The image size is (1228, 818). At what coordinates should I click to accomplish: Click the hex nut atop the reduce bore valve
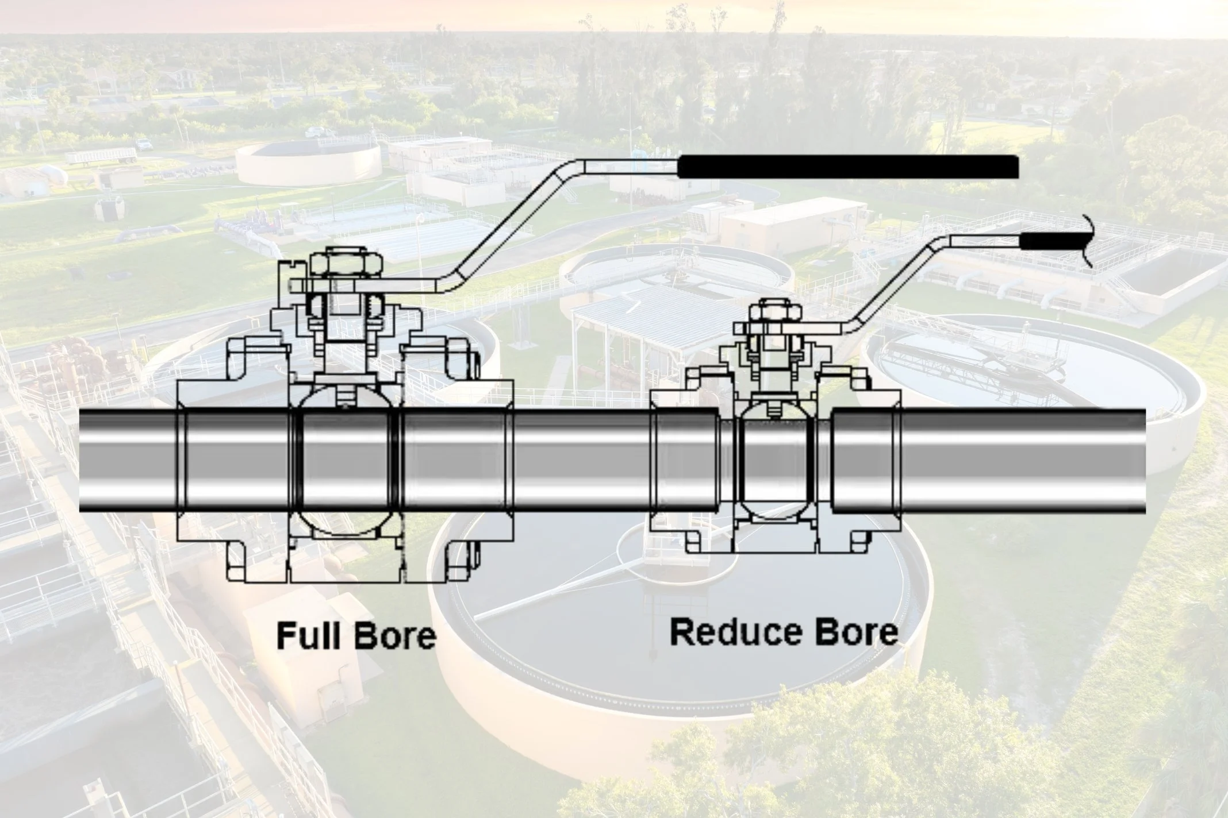point(774,314)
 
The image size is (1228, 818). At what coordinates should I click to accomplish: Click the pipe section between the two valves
point(581,460)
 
